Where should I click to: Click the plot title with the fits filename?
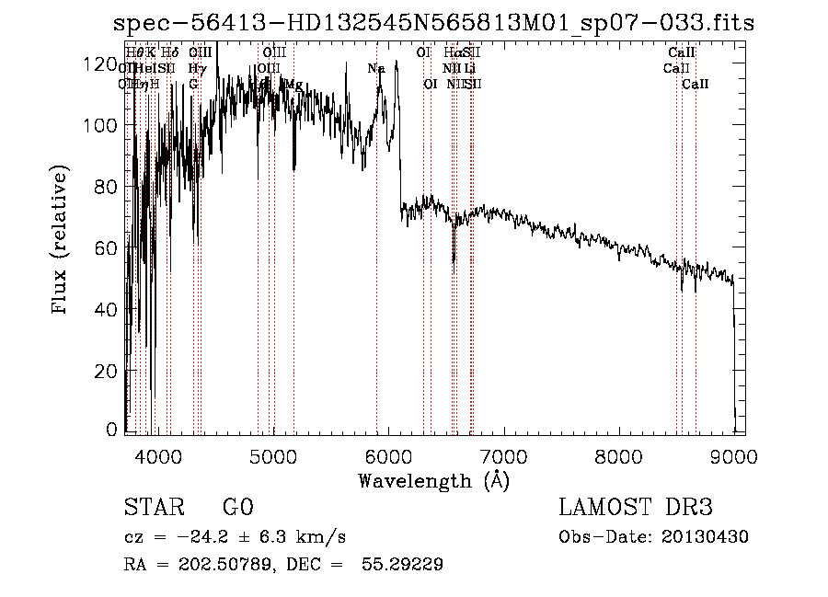coord(433,24)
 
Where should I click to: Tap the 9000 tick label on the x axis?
coord(733,454)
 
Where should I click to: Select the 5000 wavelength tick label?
coord(272,454)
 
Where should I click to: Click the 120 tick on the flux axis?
coord(126,64)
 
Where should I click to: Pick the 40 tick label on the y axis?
coord(108,309)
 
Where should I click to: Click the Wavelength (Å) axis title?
coord(434,480)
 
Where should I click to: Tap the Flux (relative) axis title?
coord(62,242)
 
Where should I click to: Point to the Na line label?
coord(376,68)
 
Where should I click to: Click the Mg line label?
coord(293,84)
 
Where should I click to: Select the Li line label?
coord(469,68)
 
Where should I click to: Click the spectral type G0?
coord(237,508)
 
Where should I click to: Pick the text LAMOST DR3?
coord(636,508)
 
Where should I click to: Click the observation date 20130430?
coord(709,537)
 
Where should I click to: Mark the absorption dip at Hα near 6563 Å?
coord(454,253)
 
